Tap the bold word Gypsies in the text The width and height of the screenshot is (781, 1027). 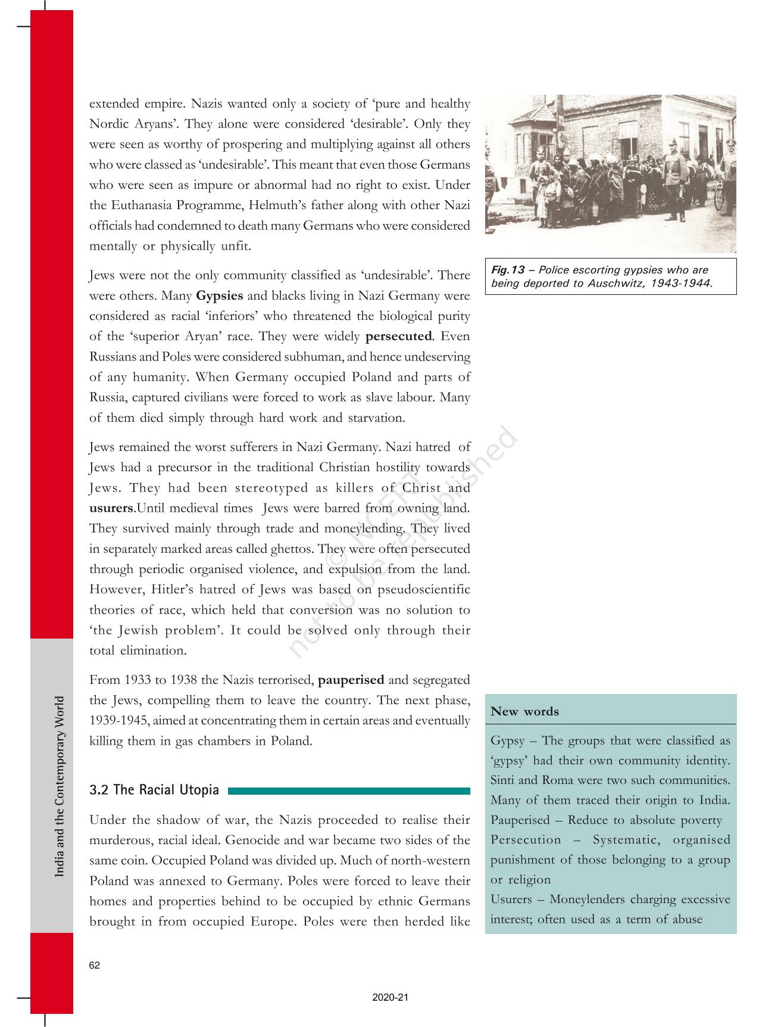[219, 295]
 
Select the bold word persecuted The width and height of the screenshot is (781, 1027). [398, 336]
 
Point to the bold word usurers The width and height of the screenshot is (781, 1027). [111, 508]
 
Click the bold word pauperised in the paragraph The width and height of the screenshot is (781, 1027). [351, 680]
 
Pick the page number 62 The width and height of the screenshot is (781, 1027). [95, 966]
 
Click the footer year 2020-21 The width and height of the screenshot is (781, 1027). [390, 998]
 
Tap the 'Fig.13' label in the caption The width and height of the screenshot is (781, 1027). [508, 270]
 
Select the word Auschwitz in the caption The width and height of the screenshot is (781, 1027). [616, 283]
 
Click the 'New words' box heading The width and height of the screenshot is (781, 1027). [524, 711]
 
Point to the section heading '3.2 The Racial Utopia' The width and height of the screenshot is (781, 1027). [154, 790]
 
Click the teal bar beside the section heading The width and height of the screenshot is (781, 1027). [349, 791]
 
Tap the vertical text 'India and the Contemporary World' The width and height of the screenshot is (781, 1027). [60, 786]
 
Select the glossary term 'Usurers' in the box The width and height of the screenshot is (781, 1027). [511, 899]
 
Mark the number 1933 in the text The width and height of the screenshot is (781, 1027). [138, 680]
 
